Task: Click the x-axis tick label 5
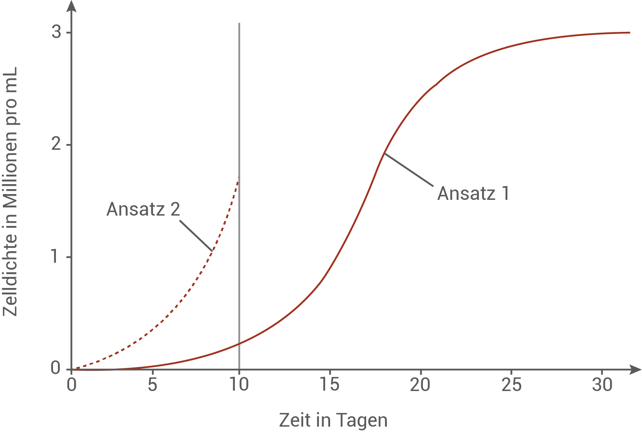tap(152, 385)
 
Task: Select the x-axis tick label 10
tap(239, 385)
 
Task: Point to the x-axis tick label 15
tap(330, 385)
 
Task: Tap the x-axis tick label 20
tap(420, 385)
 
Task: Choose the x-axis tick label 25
tap(512, 385)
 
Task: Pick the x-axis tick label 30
tap(602, 385)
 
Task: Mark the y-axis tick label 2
tap(56, 145)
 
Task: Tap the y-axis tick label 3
tap(56, 32)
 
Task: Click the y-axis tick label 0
tap(56, 368)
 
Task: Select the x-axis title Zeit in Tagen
tap(333, 420)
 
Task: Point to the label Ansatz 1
tap(473, 193)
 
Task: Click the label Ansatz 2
tap(143, 209)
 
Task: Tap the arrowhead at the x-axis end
tap(635, 369)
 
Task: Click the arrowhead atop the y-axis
tap(72, 6)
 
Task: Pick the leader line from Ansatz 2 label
tap(196, 235)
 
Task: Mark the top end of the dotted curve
tap(238, 178)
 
